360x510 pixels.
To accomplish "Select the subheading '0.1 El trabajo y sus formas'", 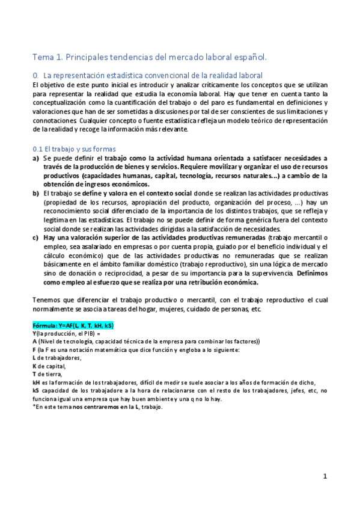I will (x=75, y=149).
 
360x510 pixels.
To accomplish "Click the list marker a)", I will (x=35, y=158).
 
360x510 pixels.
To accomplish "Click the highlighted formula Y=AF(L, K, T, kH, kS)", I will (x=73, y=325).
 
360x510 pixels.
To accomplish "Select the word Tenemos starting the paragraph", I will (x=47, y=300).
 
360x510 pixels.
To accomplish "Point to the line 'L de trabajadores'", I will (x=56, y=358).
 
